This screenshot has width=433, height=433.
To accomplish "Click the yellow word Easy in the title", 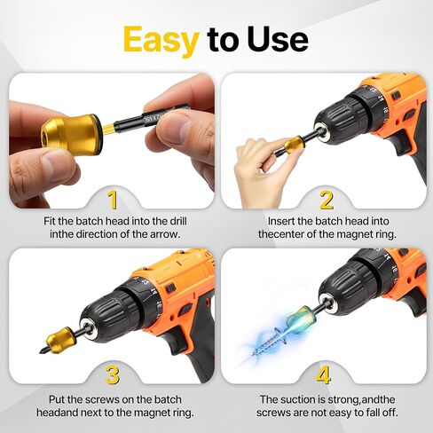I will coord(161,39).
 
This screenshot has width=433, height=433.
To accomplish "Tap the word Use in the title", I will coord(274,39).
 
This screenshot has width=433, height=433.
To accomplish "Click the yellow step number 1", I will coord(112,198).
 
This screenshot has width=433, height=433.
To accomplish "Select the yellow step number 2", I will coord(327,199).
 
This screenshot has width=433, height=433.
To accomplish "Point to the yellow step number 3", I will coord(112,374).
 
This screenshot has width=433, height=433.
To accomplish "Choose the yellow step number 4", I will coord(327,374).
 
